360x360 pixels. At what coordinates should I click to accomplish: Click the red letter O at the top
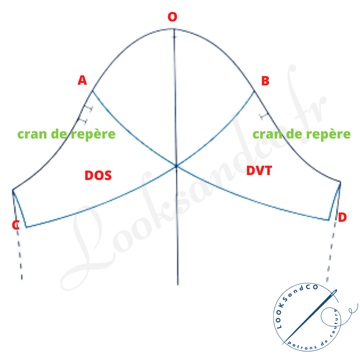point(172,17)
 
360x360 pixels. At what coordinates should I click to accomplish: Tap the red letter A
point(82,80)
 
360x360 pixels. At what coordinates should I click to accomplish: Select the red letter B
point(265,81)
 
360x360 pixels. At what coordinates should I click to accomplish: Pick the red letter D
point(342,217)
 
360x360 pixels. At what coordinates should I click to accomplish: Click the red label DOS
point(98,175)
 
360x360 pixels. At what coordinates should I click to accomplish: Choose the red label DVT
point(259,171)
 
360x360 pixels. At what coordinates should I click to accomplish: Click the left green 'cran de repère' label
point(66,134)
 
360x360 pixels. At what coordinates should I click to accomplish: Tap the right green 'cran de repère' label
point(301,134)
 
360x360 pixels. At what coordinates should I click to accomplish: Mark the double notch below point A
point(86,115)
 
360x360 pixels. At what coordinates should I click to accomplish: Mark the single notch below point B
point(264,116)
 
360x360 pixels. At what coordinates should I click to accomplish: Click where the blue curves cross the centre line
point(176,166)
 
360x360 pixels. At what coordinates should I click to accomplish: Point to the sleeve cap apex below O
point(174,29)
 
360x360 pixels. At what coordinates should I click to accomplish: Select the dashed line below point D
point(331,251)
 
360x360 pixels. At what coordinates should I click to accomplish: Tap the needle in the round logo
point(310,317)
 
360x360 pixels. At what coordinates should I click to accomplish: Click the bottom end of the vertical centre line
point(178,285)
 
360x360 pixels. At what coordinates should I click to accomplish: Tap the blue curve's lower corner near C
point(26,227)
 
